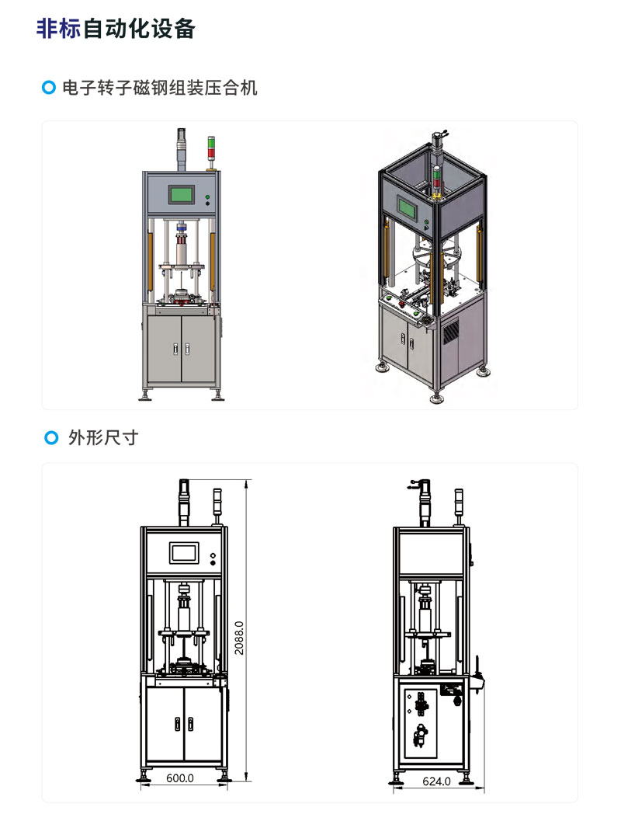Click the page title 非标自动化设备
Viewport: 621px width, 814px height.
click(116, 29)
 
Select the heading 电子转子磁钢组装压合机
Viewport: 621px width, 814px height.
click(160, 88)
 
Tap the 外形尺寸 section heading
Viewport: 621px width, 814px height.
click(103, 437)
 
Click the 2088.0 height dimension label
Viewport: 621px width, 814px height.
click(240, 637)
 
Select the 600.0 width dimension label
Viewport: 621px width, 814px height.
click(180, 777)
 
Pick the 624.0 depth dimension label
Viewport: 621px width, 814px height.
click(435, 781)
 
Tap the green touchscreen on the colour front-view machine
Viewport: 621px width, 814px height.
click(182, 195)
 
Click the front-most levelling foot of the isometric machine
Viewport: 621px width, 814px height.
click(433, 399)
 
